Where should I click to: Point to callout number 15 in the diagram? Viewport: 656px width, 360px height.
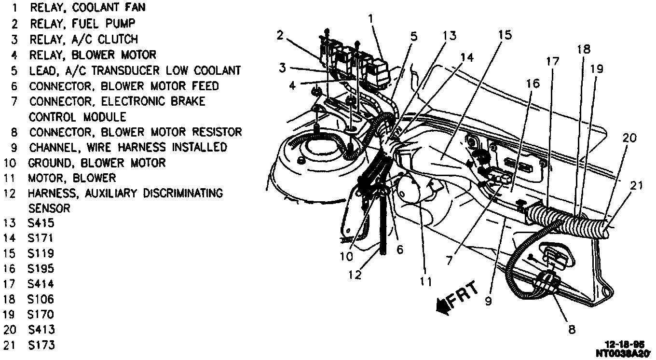pos(505,35)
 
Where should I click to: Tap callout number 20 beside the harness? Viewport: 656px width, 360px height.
pos(629,138)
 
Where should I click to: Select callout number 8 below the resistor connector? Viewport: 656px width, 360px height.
pos(572,330)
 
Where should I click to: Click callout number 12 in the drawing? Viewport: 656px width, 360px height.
pos(355,275)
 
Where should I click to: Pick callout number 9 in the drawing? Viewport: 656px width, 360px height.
pos(488,302)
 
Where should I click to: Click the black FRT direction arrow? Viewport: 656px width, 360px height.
pos(440,305)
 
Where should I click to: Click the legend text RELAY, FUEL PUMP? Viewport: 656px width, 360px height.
pos(82,23)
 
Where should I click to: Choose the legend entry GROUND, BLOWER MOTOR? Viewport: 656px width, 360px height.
pos(96,163)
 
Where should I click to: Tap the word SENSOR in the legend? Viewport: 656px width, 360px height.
pos(49,208)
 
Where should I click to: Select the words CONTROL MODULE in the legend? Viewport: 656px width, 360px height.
pos(77,117)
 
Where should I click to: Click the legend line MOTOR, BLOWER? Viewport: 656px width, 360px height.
pos(72,178)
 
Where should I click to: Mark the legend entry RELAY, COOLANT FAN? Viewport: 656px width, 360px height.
pos(87,8)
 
